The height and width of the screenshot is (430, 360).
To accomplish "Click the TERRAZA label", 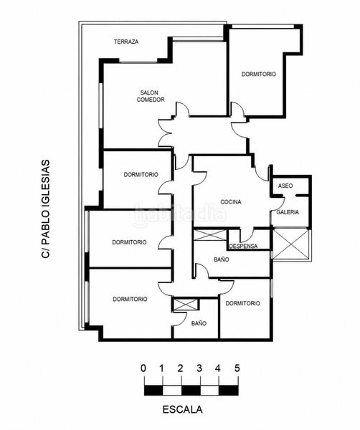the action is click(126, 42).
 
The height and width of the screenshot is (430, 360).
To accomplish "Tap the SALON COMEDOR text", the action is click(151, 96).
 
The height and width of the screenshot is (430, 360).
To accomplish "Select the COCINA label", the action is click(231, 202).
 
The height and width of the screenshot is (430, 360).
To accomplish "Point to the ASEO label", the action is click(285, 186).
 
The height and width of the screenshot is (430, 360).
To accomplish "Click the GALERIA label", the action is click(288, 212).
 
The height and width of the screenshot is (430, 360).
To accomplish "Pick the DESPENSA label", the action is click(243, 246).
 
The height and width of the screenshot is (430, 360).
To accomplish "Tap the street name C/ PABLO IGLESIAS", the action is click(46, 209).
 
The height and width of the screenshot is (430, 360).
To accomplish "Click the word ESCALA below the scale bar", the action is click(182, 409).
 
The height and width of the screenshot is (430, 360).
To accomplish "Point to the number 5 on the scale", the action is click(237, 368).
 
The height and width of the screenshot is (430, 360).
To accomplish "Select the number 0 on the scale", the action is click(143, 368).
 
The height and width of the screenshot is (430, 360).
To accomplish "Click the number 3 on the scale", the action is click(199, 368).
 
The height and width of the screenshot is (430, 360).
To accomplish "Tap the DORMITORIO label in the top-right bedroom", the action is click(258, 74).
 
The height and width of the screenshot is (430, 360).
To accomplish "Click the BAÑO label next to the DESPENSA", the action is click(222, 259).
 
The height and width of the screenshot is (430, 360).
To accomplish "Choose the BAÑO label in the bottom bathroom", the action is click(199, 324).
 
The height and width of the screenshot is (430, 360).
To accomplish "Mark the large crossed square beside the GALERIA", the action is click(291, 244).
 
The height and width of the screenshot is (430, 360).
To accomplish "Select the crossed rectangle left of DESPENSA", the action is click(210, 235).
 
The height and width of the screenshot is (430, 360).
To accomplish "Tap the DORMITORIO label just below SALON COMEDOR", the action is click(141, 175).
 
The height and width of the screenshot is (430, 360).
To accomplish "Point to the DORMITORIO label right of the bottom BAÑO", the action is click(242, 303).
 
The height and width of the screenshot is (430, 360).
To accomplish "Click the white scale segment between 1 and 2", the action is click(172, 391).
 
